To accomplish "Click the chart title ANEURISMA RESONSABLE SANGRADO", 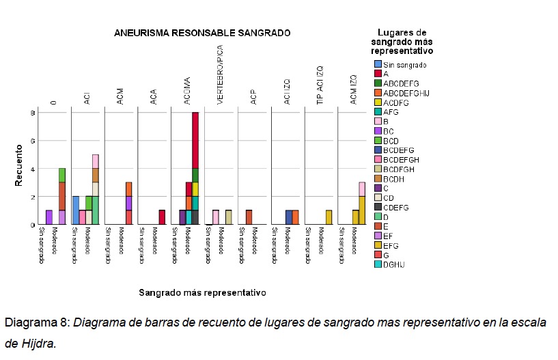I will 201,33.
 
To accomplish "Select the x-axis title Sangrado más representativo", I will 202,292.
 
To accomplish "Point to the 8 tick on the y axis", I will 32,113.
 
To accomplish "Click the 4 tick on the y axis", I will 32,169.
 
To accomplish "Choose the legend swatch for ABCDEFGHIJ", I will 368,93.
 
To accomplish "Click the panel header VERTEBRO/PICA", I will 220,75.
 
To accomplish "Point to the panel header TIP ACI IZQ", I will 320,85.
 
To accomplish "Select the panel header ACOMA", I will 186,92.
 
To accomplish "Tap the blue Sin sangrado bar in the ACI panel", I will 76,210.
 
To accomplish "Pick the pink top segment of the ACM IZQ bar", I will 362,189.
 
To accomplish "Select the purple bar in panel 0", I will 48,217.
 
